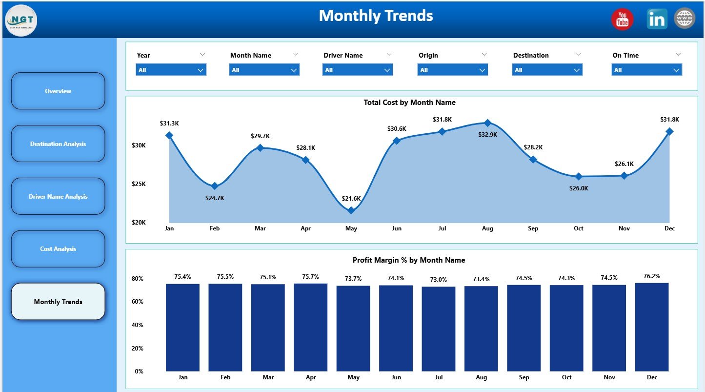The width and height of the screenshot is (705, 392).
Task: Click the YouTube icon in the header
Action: pyautogui.click(x=622, y=20)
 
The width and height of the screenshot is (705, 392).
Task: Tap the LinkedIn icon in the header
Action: pyautogui.click(x=657, y=19)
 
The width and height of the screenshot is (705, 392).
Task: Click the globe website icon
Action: pyautogui.click(x=685, y=19)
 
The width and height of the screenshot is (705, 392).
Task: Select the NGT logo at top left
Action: pyautogui.click(x=21, y=21)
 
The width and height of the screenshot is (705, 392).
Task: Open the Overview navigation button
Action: pyautogui.click(x=58, y=91)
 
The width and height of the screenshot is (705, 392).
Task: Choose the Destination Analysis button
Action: pyautogui.click(x=58, y=144)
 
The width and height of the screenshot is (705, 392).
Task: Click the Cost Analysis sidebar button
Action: pyautogui.click(x=58, y=249)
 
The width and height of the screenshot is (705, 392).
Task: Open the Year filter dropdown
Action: pyautogui.click(x=171, y=70)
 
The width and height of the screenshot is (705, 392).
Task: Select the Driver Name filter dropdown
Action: pyautogui.click(x=358, y=70)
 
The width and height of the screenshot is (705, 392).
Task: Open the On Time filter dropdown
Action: pyautogui.click(x=646, y=70)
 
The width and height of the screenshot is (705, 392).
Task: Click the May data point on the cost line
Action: pyautogui.click(x=351, y=210)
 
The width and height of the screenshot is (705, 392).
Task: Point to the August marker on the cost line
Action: pyautogui.click(x=487, y=123)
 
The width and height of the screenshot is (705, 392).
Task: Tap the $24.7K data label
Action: pyautogui.click(x=215, y=198)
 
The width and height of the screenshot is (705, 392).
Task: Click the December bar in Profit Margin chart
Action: pyautogui.click(x=652, y=327)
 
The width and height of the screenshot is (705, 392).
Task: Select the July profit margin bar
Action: pyautogui.click(x=439, y=329)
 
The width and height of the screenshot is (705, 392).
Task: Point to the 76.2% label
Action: pyautogui.click(x=652, y=276)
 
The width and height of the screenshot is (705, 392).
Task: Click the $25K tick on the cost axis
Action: pyautogui.click(x=139, y=184)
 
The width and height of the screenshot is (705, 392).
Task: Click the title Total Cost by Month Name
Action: pyautogui.click(x=409, y=103)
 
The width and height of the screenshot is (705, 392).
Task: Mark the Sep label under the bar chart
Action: pyautogui.click(x=524, y=377)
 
